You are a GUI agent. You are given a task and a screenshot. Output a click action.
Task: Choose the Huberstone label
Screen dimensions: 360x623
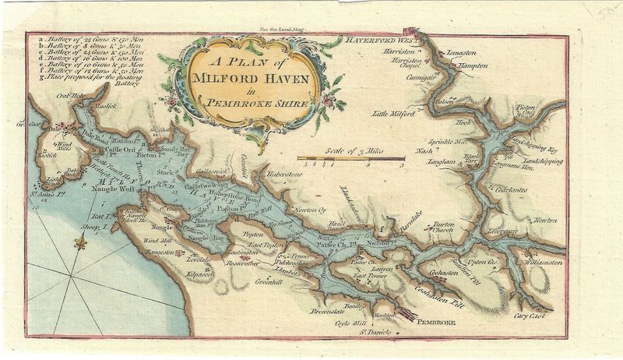[288, 174]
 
